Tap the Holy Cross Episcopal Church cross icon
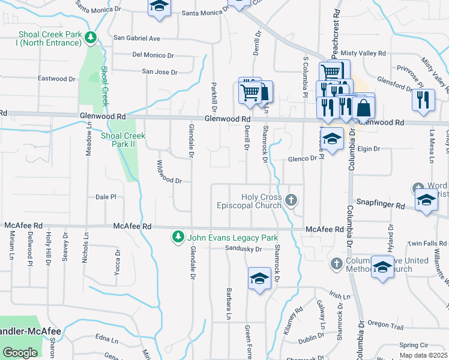tap(291, 200)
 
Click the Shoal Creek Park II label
tap(123, 140)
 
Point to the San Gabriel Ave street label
tap(137, 38)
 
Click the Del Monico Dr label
tap(152, 55)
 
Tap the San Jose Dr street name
tap(160, 72)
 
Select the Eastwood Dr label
tap(56, 79)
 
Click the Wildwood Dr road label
tap(169, 172)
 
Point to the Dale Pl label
tap(106, 197)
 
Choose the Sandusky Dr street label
tap(244, 249)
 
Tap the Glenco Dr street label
tap(301, 158)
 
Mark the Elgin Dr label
tap(369, 149)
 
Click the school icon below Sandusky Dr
tap(259, 278)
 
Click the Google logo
tap(20, 352)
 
